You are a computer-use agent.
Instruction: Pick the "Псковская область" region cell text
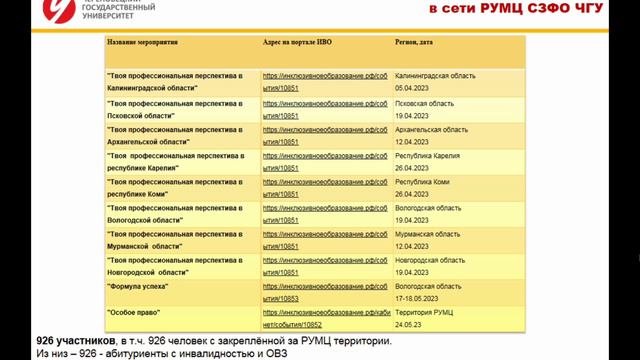pos(425,103)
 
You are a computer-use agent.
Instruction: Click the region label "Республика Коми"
pos(423,181)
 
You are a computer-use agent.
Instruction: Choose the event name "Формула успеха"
pos(137,286)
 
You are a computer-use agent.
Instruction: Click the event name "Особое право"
pos(132,312)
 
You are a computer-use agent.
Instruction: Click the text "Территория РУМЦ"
pos(424,312)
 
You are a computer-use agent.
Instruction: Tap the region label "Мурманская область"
pos(428,233)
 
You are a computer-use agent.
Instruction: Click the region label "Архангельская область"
pos(432,129)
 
